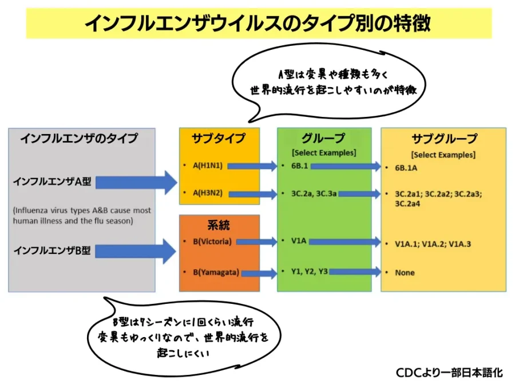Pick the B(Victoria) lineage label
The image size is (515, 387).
click(x=212, y=241)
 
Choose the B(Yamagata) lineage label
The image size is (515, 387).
click(x=215, y=272)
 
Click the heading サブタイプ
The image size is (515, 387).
click(x=219, y=138)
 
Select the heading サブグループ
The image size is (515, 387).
click(x=443, y=139)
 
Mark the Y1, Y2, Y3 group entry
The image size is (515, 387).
click(x=307, y=272)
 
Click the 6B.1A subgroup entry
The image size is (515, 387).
click(x=406, y=168)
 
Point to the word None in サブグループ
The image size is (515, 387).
click(x=405, y=272)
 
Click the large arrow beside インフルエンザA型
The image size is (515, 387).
click(x=137, y=183)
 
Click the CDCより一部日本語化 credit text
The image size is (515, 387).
click(x=449, y=372)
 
